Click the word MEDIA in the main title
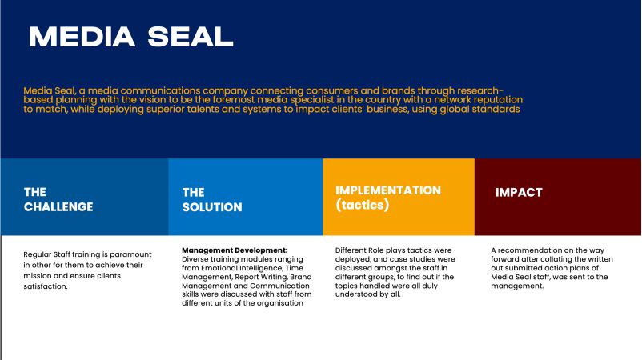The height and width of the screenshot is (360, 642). click(82, 37)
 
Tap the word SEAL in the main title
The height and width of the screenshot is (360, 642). click(191, 37)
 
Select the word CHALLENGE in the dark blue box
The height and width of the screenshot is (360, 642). click(58, 207)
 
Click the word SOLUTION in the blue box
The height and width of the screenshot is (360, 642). click(212, 207)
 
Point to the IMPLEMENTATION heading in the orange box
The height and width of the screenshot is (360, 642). click(388, 190)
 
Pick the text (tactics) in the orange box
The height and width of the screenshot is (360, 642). click(363, 205)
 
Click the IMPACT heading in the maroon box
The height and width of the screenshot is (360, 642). click(519, 192)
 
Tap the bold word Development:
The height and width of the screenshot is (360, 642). click(262, 250)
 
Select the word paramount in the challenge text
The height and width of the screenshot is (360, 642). click(130, 255)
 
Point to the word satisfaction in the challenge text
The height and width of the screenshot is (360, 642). click(46, 286)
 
